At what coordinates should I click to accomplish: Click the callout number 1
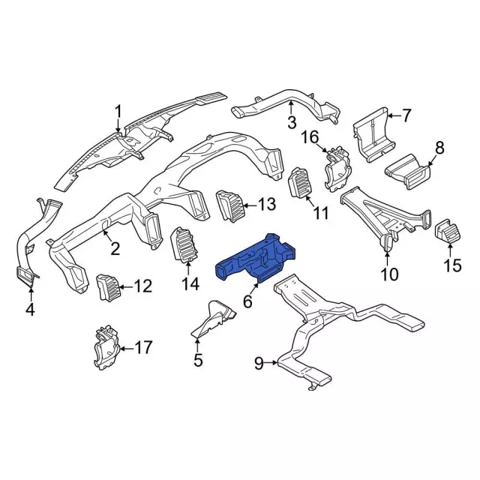[118, 112]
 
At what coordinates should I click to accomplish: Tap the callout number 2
[115, 248]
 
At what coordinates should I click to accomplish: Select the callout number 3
[292, 122]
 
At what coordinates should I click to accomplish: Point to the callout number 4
[29, 308]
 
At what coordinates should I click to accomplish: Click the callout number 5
[198, 361]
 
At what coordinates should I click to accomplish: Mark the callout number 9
[259, 364]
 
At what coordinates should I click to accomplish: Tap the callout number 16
[310, 136]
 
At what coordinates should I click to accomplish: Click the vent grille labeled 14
[184, 245]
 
